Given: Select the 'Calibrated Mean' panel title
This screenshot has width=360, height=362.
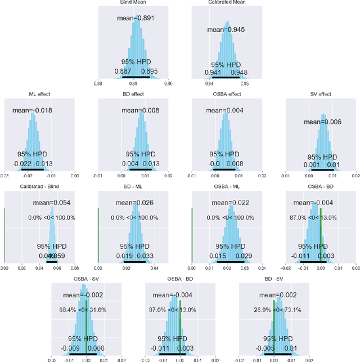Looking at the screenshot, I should (228, 3).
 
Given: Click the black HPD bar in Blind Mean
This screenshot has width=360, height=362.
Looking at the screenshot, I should (136, 77).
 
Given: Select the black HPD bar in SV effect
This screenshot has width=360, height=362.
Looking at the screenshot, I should (323, 168).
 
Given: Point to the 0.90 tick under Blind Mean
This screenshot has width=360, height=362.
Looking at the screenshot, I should (169, 83).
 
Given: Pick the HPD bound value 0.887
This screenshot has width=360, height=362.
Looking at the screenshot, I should (123, 71).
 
